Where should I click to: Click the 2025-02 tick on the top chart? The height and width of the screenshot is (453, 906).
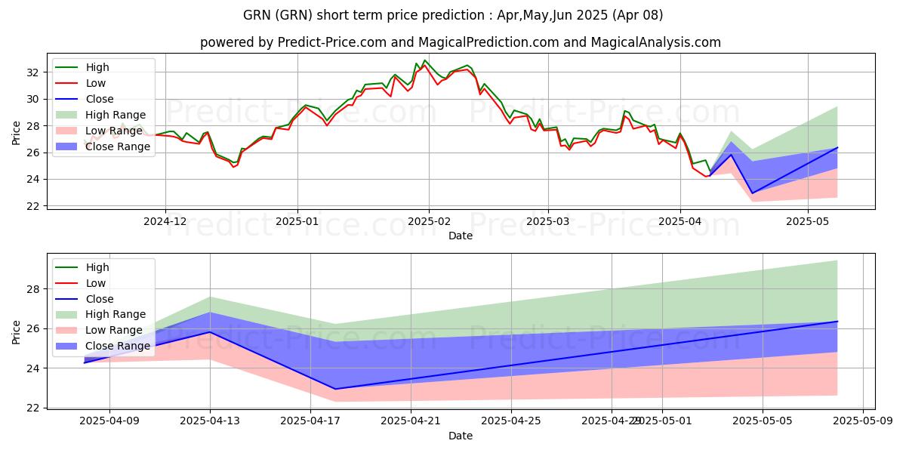[x=429, y=220]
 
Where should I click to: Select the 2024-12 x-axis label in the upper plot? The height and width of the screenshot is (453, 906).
[x=165, y=220]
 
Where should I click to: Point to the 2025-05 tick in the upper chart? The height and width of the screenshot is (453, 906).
[x=808, y=220]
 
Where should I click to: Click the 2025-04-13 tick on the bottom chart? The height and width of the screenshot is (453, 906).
[x=210, y=420]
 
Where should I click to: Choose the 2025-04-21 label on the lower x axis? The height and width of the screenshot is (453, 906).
[x=411, y=420]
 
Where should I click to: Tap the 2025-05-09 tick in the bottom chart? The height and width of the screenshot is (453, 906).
[x=862, y=420]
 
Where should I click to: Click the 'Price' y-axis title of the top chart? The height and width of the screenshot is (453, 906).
[x=17, y=131]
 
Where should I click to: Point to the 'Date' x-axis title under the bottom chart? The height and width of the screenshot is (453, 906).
[x=461, y=436]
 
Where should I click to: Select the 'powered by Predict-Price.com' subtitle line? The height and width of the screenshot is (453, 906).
[x=461, y=42]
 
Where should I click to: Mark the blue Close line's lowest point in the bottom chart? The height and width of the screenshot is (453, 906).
[x=335, y=389]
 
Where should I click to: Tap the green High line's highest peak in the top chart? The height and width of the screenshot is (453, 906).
[x=425, y=60]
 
